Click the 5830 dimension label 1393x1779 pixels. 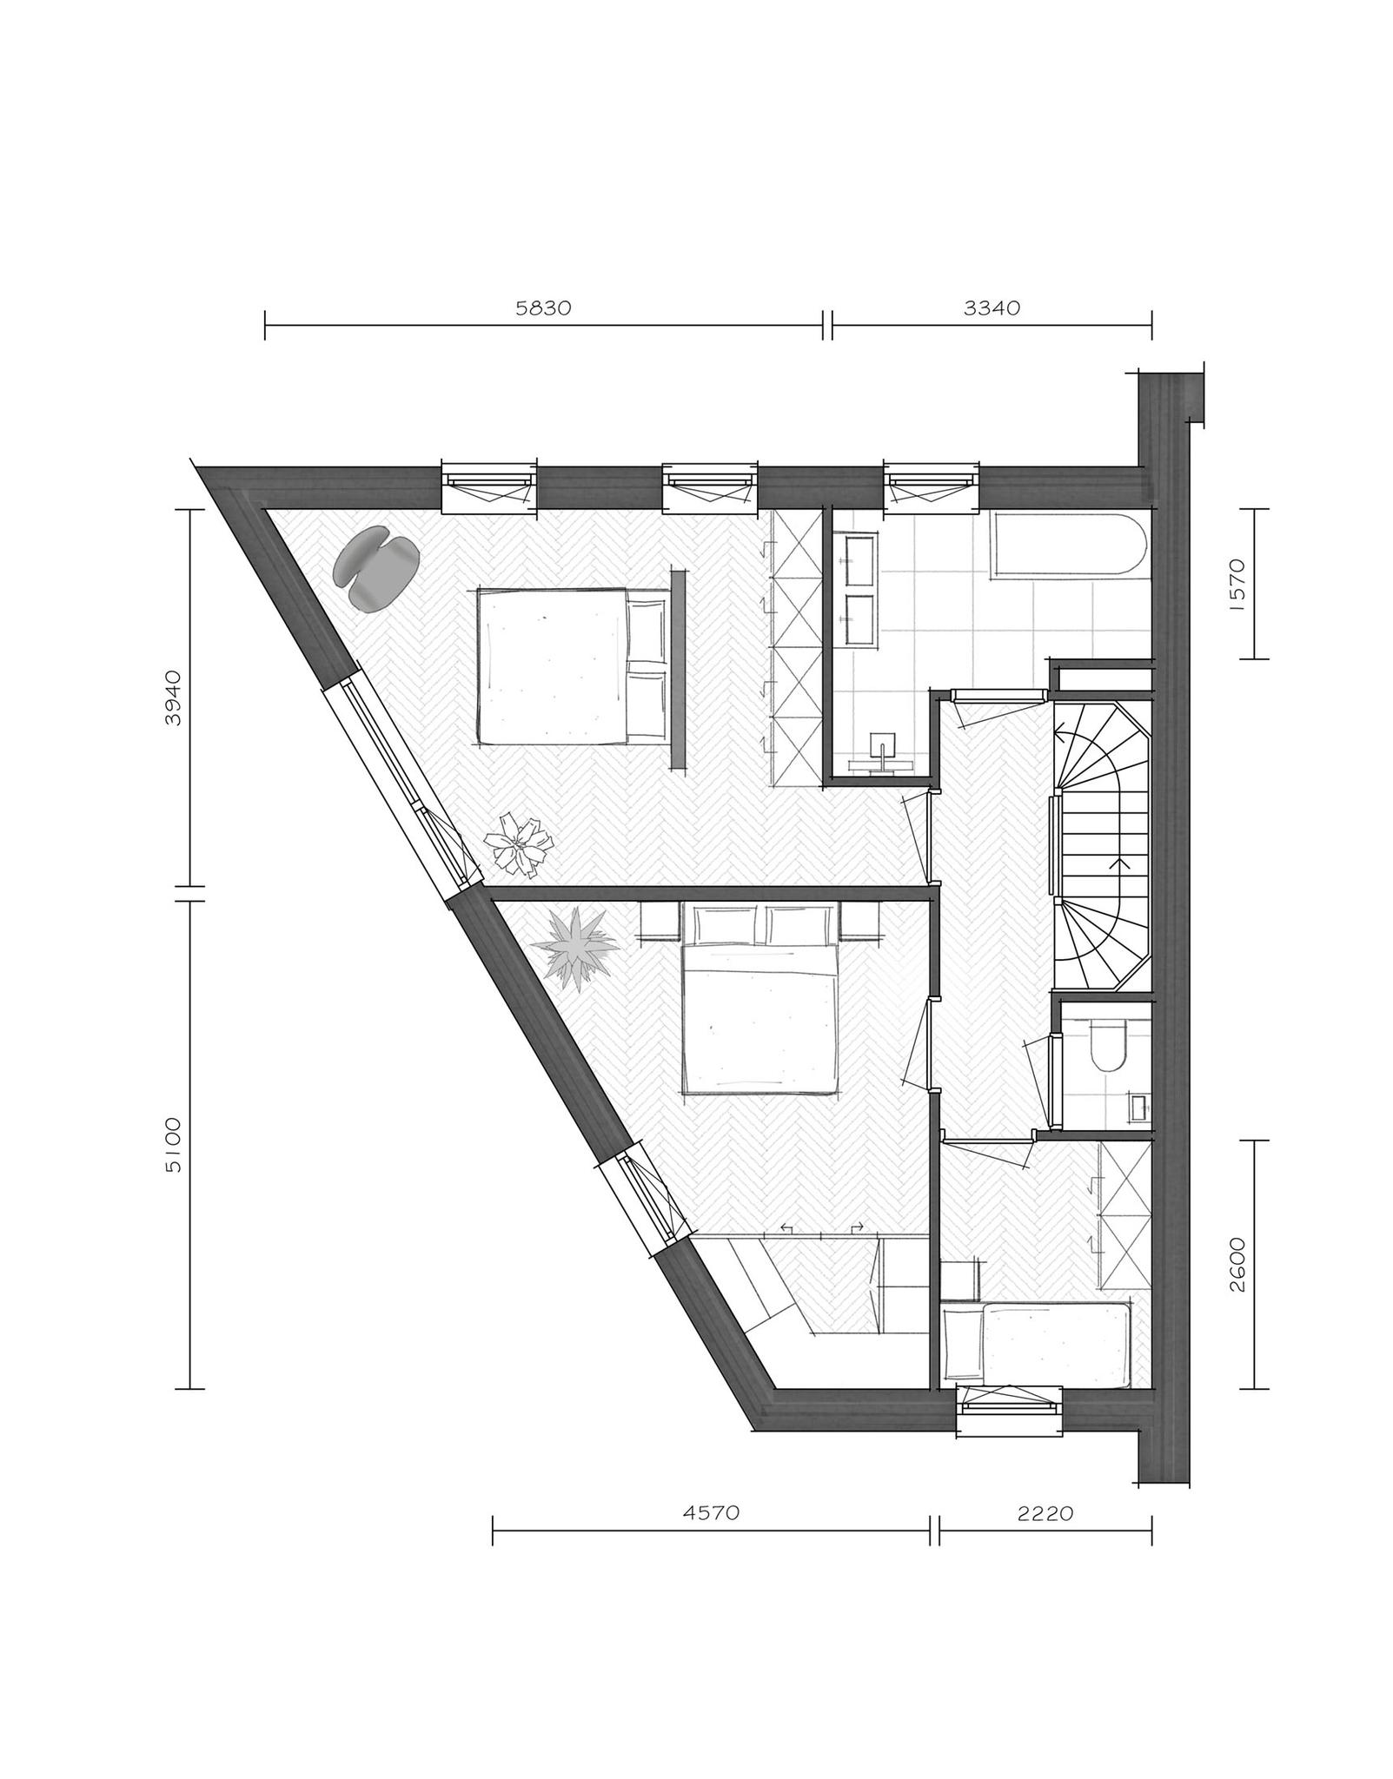point(543,308)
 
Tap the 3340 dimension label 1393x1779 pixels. point(992,308)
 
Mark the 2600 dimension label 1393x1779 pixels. point(1237,1264)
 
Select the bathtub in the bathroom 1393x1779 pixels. point(1068,546)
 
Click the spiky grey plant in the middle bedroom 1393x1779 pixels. point(575,948)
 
